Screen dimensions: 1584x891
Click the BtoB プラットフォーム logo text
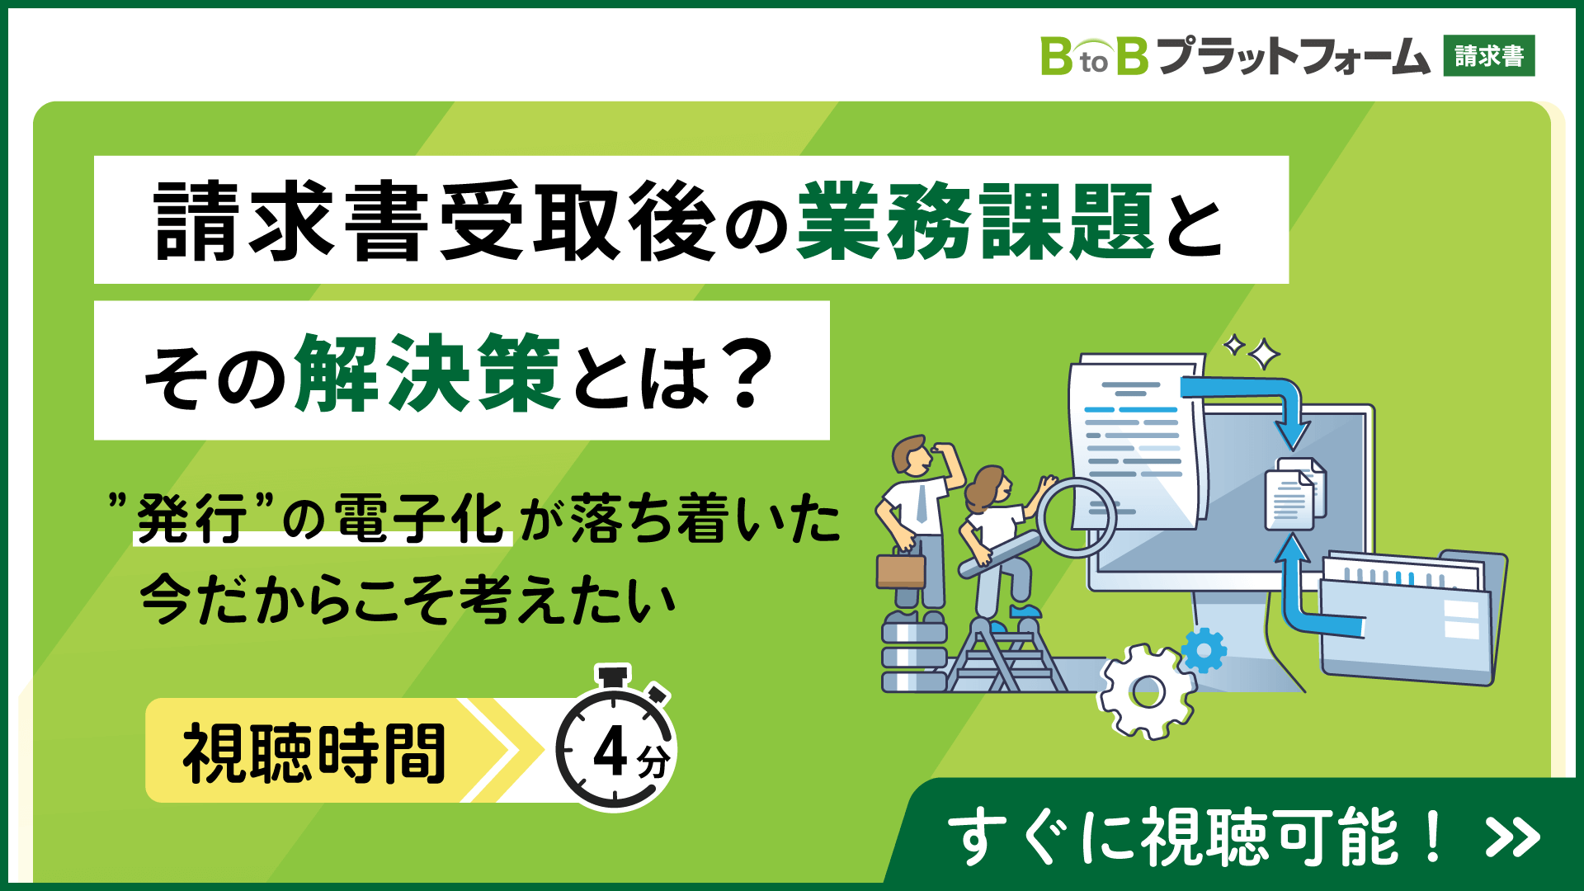1235,56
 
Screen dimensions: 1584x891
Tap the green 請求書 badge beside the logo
1489,56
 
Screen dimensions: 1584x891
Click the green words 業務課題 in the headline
976,221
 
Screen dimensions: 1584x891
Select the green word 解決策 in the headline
428,373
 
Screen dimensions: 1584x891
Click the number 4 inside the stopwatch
610,753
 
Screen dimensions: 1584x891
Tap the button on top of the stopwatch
614,676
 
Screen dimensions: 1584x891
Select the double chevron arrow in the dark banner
1512,837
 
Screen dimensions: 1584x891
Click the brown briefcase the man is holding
901,570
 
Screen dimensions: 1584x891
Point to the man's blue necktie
922,505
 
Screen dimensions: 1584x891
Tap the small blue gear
1204,651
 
